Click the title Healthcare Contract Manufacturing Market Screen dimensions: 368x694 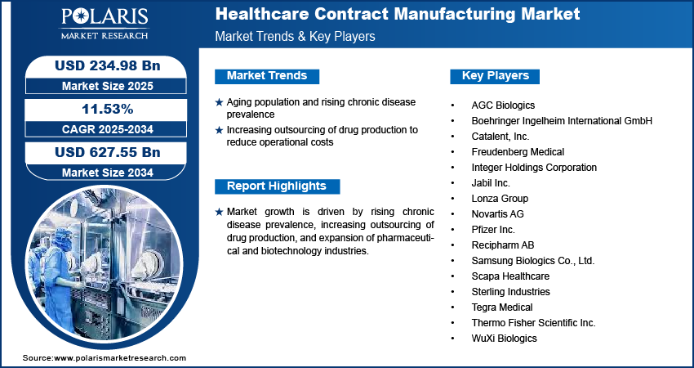click(398, 14)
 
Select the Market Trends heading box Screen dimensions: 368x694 click(267, 76)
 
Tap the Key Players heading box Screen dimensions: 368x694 click(496, 76)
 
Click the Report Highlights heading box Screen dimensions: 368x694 click(277, 186)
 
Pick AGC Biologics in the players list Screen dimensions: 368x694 click(503, 105)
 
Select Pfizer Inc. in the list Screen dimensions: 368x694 click(493, 230)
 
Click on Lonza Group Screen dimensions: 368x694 click(500, 199)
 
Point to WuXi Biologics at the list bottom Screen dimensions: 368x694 click(504, 339)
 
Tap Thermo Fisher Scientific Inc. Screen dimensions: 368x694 click(533, 323)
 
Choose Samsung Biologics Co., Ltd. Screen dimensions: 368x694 click(532, 261)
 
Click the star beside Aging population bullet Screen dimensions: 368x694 click(219, 102)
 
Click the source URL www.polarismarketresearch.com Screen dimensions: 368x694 click(119, 358)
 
